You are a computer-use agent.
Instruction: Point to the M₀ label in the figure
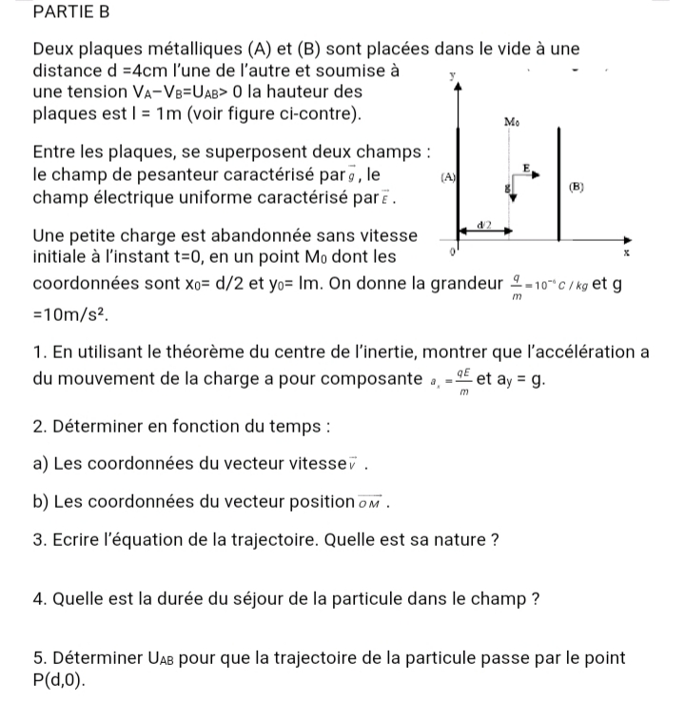point(511,122)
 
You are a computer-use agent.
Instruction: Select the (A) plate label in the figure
point(446,178)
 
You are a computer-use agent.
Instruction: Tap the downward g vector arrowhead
point(513,198)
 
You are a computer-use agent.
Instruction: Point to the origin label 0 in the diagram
point(453,252)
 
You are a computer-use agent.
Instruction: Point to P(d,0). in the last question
point(58,679)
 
